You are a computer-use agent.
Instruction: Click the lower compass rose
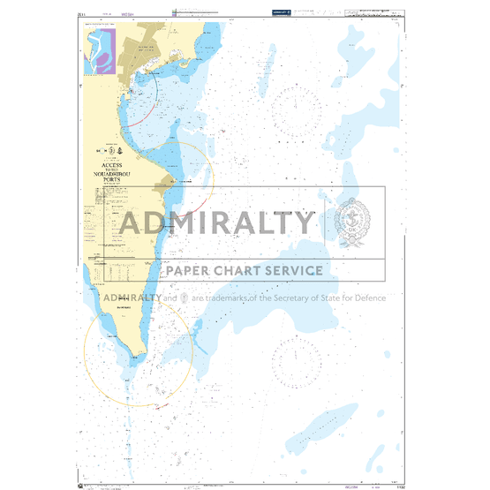pyautogui.click(x=297, y=360)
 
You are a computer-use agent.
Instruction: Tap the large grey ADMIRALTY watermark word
pyautogui.click(x=216, y=222)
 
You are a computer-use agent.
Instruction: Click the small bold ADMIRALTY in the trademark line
pyautogui.click(x=132, y=298)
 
